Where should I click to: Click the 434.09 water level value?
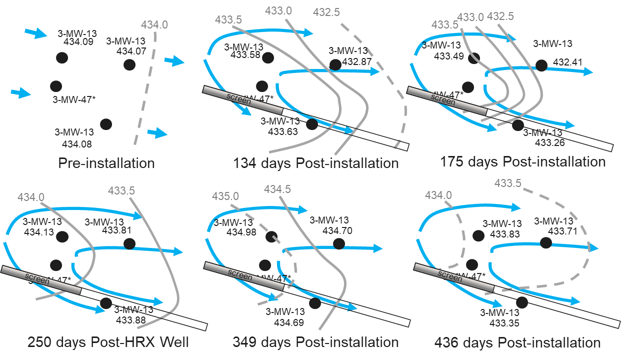(x=79, y=42)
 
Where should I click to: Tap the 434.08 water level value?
(x=77, y=144)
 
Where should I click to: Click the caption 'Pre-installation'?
(x=106, y=163)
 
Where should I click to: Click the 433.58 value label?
(x=245, y=55)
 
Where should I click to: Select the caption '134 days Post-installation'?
(x=316, y=163)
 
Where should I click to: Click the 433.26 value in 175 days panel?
(x=550, y=142)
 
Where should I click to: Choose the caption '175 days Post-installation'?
(x=522, y=162)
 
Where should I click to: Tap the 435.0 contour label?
(x=225, y=196)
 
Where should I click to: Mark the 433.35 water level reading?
(x=504, y=323)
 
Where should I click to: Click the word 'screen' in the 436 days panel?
(x=449, y=276)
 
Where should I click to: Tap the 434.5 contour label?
(x=277, y=189)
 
